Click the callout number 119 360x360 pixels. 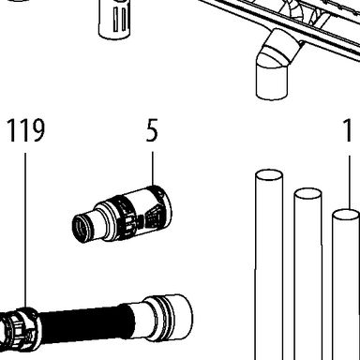(x=26, y=130)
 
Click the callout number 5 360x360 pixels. (x=152, y=130)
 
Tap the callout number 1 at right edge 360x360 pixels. (x=347, y=130)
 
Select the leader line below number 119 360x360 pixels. (x=25, y=231)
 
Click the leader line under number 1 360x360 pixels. (x=349, y=183)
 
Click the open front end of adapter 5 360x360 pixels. (x=81, y=229)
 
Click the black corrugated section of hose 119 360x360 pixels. (x=83, y=322)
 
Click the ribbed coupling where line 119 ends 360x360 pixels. (x=20, y=329)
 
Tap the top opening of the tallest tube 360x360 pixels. (x=269, y=175)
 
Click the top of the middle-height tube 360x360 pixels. (x=307, y=194)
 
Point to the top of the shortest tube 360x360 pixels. (x=346, y=216)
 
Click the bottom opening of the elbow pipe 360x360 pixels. (x=271, y=94)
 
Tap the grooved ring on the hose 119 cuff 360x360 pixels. (x=164, y=316)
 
